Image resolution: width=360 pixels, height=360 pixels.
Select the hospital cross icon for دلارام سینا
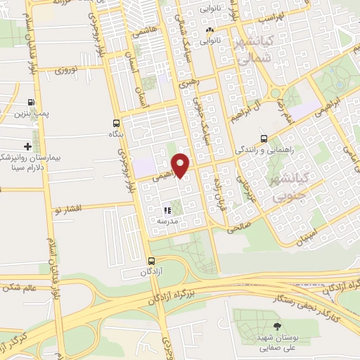pyautogui.click(x=27, y=146)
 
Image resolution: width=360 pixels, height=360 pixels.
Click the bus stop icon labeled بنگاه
pyautogui.click(x=117, y=123)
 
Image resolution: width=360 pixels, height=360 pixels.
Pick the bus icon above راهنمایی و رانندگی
pyautogui.click(x=263, y=139)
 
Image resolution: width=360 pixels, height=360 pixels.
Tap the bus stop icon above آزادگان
pyautogui.click(x=143, y=260)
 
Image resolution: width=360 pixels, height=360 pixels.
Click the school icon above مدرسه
pyautogui.click(x=167, y=210)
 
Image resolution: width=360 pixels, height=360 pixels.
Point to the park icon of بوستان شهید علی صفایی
pyautogui.click(x=276, y=326)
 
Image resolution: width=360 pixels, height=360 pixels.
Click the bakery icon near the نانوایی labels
pyautogui.click(x=209, y=30)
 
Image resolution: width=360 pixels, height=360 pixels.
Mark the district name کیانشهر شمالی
pyautogui.click(x=256, y=53)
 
